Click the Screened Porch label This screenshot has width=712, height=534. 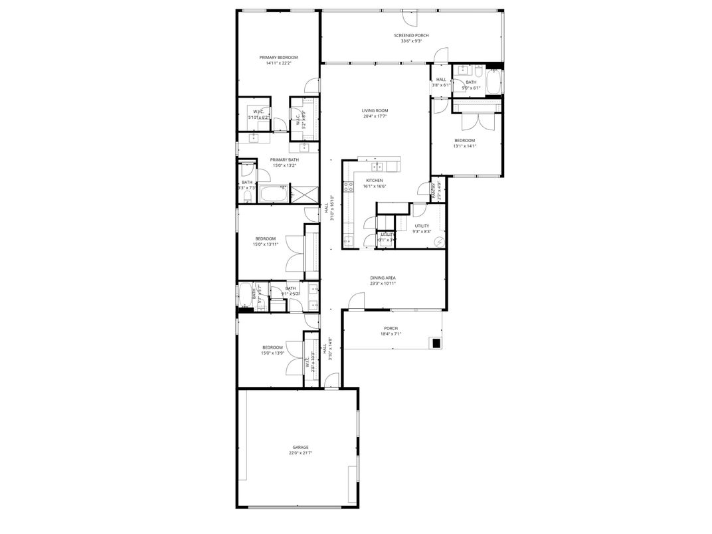[x=411, y=35]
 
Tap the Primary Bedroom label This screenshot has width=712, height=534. [x=278, y=58]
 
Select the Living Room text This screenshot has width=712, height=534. [x=375, y=110]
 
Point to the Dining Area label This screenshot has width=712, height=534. [x=383, y=278]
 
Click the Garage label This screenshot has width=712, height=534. [x=300, y=447]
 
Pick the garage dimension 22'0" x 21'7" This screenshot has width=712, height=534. [x=300, y=453]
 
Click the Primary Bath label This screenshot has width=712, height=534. [x=284, y=159]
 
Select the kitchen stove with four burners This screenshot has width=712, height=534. [x=347, y=187]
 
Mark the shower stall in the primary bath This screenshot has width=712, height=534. [x=302, y=195]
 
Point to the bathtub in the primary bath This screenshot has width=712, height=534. [x=273, y=195]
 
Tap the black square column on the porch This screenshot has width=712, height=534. [x=436, y=343]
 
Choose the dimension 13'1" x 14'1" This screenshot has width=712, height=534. [x=464, y=146]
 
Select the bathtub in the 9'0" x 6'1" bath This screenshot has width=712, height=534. [x=493, y=83]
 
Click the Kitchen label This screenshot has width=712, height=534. [x=375, y=181]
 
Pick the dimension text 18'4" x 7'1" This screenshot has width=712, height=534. [x=391, y=334]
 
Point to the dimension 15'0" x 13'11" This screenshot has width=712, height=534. [x=265, y=244]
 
